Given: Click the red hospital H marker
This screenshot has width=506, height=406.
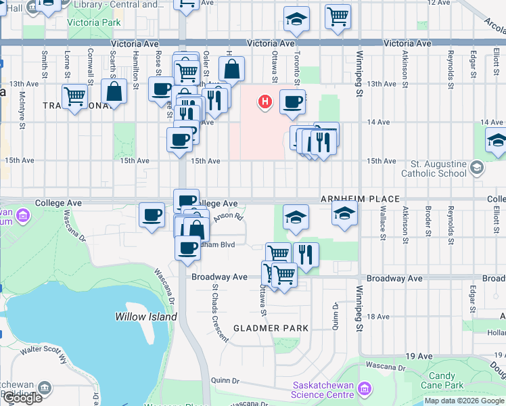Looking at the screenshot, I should (265, 102).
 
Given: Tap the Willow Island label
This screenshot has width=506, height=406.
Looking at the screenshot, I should (145, 317).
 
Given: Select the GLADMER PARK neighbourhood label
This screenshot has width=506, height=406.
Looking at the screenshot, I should (271, 328).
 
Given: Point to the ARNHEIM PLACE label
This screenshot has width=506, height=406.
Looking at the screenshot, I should (360, 200).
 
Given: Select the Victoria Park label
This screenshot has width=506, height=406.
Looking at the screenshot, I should (94, 22).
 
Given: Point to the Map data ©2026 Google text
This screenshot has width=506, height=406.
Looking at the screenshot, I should (464, 401).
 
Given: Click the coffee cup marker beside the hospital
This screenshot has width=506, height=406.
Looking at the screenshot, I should (292, 101).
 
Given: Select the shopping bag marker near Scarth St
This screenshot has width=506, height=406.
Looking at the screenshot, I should (114, 91).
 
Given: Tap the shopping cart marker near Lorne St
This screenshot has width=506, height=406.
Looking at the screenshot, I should (74, 96).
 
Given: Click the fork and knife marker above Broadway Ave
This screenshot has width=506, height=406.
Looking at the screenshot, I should (306, 254).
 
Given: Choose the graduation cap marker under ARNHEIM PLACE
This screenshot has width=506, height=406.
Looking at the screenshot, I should (344, 214).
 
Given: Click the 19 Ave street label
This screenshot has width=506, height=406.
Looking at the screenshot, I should (419, 356).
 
